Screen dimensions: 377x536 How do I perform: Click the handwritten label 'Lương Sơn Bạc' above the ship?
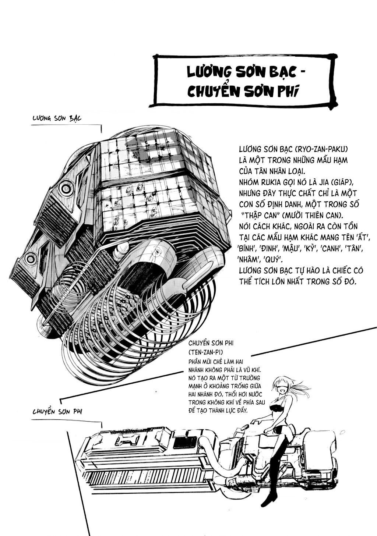(57, 118)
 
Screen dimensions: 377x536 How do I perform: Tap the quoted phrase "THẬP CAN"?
(260, 215)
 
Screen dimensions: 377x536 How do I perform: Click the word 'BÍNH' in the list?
(246, 249)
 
